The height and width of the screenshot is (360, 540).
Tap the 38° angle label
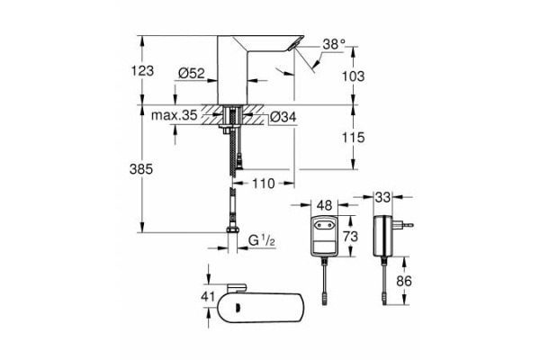334,43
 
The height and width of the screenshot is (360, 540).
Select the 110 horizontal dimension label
262,184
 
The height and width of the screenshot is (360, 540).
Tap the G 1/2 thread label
262,240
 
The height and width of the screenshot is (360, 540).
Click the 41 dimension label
206,299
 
